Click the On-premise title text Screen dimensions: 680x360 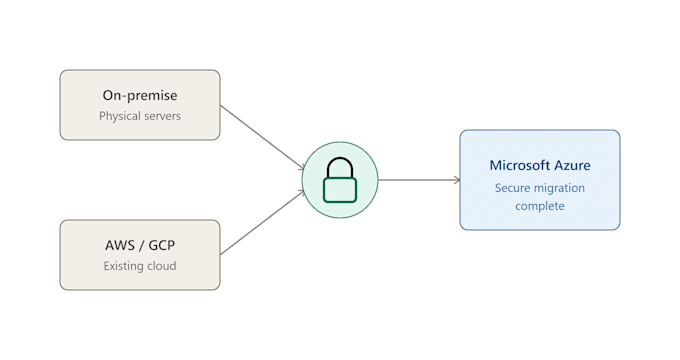tap(140, 95)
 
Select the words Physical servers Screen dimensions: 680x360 tap(140, 116)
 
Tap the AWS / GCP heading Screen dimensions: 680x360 tap(140, 245)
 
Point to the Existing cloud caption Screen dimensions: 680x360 tap(140, 265)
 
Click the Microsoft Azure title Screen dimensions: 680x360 tap(540, 165)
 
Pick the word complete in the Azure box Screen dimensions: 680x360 tap(540, 206)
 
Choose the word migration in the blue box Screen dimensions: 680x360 tap(560, 188)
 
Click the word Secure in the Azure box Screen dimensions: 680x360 tap(513, 188)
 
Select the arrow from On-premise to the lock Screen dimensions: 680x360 tap(262, 137)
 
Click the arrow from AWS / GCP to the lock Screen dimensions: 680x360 tap(262, 222)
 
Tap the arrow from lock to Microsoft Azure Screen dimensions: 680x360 tap(419, 180)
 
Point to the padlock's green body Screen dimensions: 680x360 tap(340, 190)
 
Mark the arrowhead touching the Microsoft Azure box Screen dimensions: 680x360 tap(457, 180)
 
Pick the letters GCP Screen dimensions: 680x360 tap(162, 245)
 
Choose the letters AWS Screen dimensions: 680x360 tap(120, 245)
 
